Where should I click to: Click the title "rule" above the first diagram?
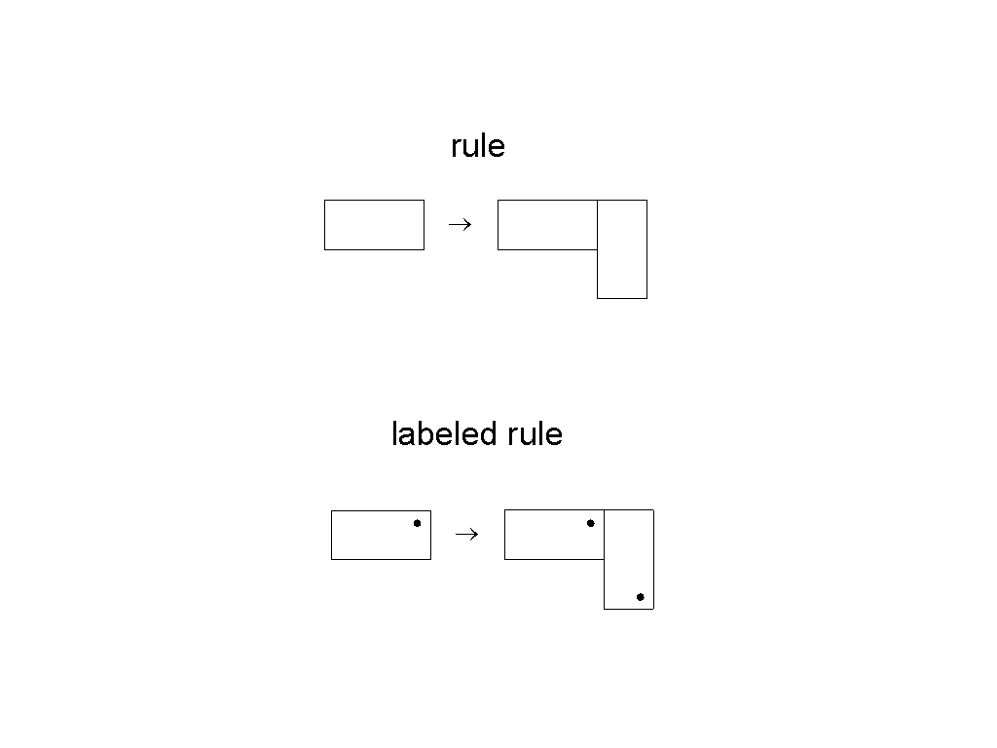click(477, 146)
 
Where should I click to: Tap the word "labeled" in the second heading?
click(444, 433)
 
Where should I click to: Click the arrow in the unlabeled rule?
click(460, 225)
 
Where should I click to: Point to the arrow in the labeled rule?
click(466, 535)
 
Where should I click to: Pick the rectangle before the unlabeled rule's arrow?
click(375, 225)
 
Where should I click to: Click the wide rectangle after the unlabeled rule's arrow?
click(547, 225)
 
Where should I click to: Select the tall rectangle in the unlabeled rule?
click(622, 249)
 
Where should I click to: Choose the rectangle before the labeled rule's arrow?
click(382, 535)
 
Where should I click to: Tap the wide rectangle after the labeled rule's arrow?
click(554, 535)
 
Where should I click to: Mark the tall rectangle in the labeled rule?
click(629, 560)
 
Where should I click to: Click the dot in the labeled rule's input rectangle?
click(417, 523)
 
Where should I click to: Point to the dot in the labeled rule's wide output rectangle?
click(591, 523)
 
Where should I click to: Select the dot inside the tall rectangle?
click(641, 597)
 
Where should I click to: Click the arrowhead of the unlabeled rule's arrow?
click(471, 225)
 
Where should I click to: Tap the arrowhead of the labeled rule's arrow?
click(478, 535)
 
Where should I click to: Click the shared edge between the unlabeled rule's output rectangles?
click(597, 225)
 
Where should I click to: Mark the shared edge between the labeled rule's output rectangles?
click(604, 535)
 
